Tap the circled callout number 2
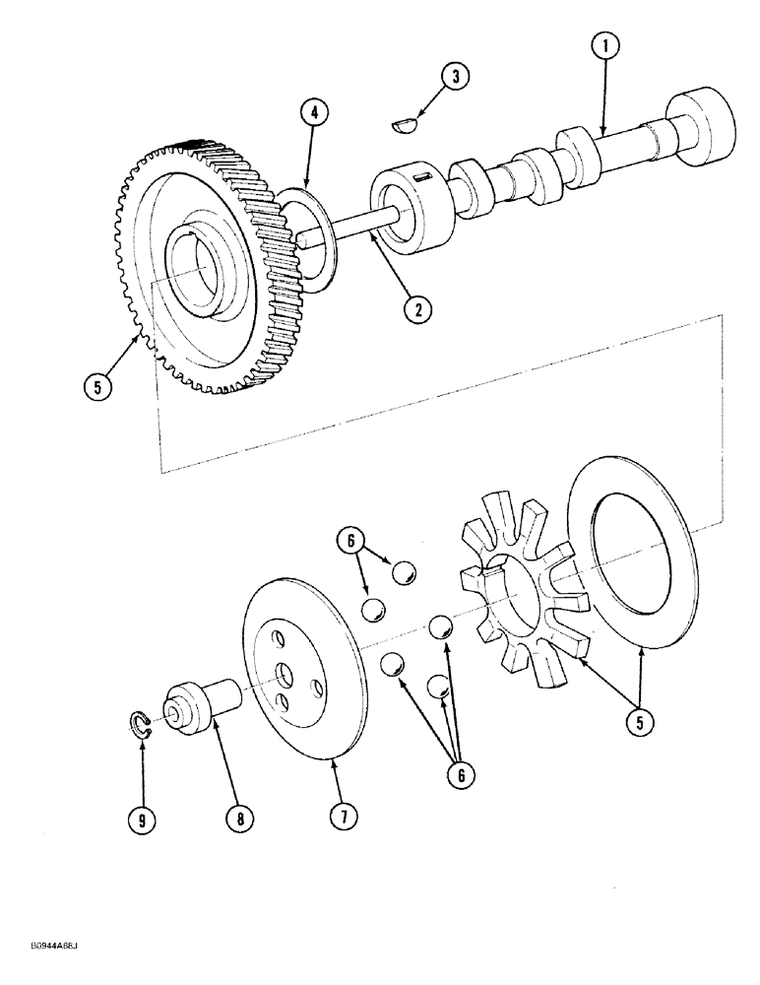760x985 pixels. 417,308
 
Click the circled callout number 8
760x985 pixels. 237,817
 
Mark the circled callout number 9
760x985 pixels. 143,817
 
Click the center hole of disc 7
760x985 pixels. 284,672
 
